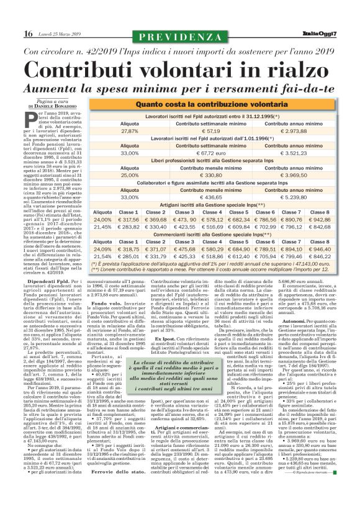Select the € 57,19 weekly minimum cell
point(211,132)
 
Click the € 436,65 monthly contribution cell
point(211,197)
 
